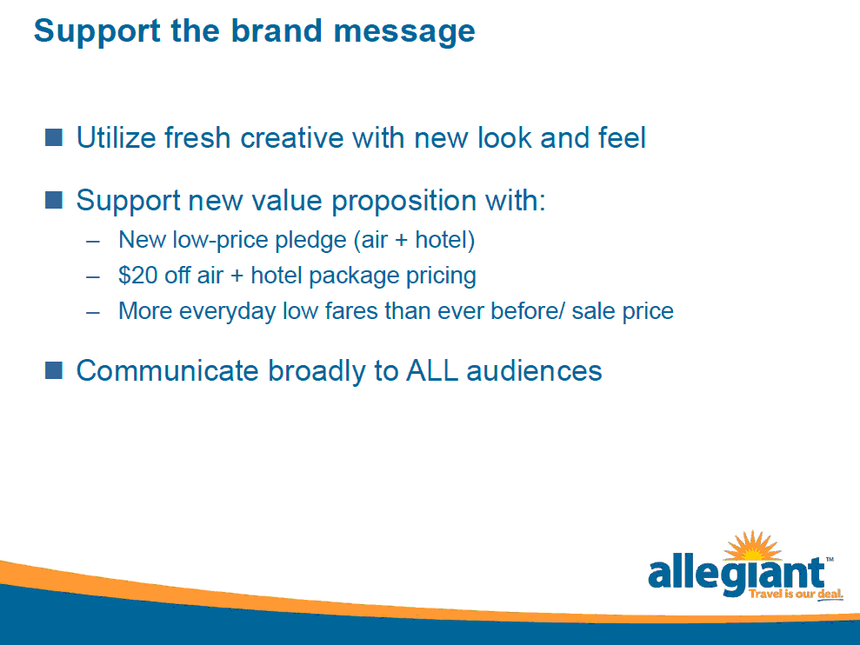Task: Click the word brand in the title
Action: [276, 30]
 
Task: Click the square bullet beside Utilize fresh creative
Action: [54, 137]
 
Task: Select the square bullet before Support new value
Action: [54, 200]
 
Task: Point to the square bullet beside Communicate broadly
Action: [54, 370]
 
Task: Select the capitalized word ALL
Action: [432, 370]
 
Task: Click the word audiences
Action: [534, 370]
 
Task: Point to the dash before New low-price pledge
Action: [93, 242]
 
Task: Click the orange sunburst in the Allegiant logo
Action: [752, 545]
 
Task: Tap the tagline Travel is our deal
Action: [796, 595]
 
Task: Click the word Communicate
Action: [167, 370]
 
